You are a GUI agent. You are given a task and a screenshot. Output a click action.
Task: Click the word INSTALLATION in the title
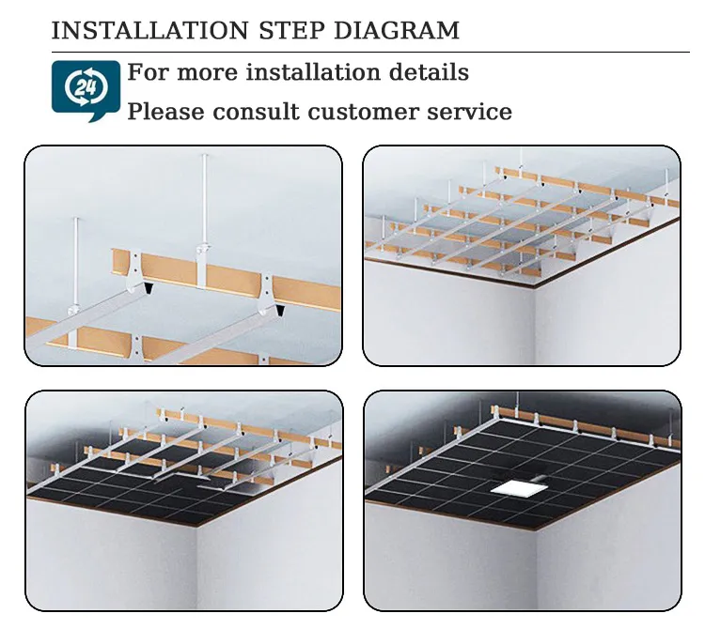150,31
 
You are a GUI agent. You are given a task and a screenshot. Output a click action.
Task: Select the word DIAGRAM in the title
397,31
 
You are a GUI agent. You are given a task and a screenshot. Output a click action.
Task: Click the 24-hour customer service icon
86,91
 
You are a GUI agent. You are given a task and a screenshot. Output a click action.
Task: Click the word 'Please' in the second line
165,112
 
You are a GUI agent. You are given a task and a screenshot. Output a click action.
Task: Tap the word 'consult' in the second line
256,112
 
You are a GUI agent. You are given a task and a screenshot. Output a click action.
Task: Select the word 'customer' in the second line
363,113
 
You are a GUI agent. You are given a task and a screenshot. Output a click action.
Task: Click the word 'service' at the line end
469,113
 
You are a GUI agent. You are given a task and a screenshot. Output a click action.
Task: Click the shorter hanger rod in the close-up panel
76,263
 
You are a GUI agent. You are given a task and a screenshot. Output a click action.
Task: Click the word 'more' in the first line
208,74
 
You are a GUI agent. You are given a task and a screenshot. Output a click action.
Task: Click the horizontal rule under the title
370,53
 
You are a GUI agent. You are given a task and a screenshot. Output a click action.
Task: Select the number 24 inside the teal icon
86,86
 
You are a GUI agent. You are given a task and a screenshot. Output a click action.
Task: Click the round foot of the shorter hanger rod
73,310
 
